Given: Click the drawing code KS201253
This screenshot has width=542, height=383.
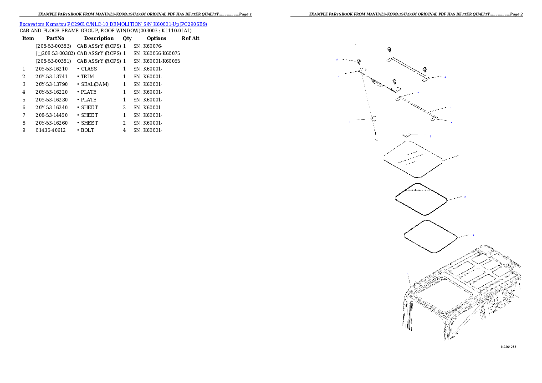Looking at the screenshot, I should (x=508, y=347).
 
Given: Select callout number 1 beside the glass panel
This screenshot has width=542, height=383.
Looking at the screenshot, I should (x=463, y=156).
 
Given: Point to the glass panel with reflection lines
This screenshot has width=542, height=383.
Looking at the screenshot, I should (x=413, y=159).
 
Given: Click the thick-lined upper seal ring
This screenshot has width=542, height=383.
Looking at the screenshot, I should (x=421, y=199).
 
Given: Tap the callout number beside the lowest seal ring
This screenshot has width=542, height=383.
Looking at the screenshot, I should (x=473, y=235).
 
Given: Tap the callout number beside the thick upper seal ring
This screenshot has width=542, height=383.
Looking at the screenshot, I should (x=465, y=197).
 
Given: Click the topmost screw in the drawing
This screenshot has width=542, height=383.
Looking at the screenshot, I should (x=389, y=50).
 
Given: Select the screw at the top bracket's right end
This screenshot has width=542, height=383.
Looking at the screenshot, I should (x=424, y=69).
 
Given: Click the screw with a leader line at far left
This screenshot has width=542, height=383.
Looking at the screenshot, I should (x=359, y=62).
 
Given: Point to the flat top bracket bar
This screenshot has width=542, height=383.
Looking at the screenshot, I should (x=408, y=68).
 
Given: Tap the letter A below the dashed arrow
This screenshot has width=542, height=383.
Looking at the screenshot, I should (x=376, y=139).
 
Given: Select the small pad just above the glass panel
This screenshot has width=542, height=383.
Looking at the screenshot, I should (x=407, y=135).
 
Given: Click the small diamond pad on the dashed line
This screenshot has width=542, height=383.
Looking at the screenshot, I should (x=373, y=119).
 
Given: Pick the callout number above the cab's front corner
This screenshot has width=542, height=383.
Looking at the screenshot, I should (x=408, y=274).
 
